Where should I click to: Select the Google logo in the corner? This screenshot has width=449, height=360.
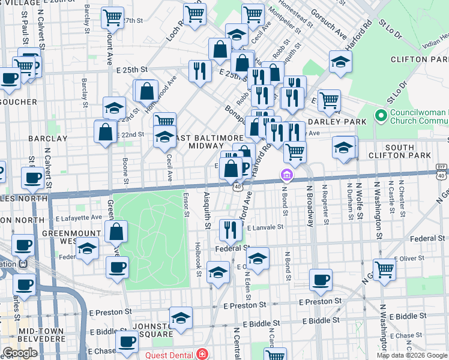click(x=20, y=353)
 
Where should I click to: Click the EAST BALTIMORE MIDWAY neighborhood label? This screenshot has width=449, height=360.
click(x=197, y=142)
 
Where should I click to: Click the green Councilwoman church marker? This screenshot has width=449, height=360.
click(x=379, y=115)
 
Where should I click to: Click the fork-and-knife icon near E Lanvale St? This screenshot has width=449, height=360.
click(x=230, y=229)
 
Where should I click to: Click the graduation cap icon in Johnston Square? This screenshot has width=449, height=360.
click(x=181, y=319)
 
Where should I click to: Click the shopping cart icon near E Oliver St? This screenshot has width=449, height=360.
click(x=384, y=269)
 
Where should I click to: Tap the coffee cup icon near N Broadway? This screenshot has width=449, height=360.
click(x=321, y=279)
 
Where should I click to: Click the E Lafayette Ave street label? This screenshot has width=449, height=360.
click(x=79, y=217)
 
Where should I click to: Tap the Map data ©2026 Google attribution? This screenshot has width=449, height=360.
click(x=412, y=355)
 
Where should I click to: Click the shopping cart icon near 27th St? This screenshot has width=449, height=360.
click(x=112, y=18)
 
